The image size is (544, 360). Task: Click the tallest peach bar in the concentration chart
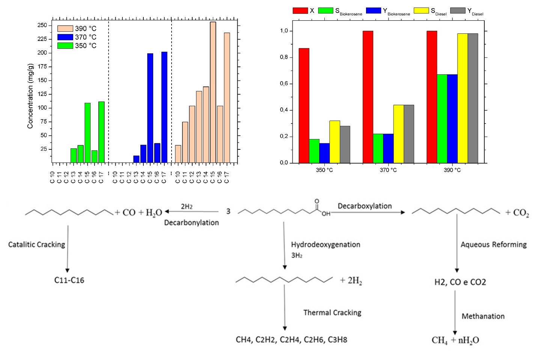[x=213, y=92]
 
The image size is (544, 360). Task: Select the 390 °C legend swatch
[x=65, y=29]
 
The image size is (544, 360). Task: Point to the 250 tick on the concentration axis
[x=42, y=25]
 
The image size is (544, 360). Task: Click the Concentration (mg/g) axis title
[x=30, y=96]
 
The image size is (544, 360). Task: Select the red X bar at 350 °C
[x=304, y=105]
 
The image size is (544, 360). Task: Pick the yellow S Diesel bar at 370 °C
[x=398, y=134]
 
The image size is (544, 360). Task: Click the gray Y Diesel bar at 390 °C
[x=473, y=98]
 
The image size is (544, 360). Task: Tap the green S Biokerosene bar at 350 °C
[x=314, y=151]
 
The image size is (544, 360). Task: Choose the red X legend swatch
[x=300, y=11]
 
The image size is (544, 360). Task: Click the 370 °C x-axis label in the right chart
[x=388, y=170]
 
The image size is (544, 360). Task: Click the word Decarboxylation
[x=365, y=206]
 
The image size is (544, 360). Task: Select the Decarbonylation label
[x=191, y=223]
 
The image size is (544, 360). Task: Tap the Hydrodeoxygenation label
[x=325, y=245]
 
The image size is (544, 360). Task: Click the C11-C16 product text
[x=69, y=280]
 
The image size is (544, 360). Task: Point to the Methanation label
[x=483, y=316]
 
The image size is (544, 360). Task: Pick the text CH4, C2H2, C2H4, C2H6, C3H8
[x=291, y=340]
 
